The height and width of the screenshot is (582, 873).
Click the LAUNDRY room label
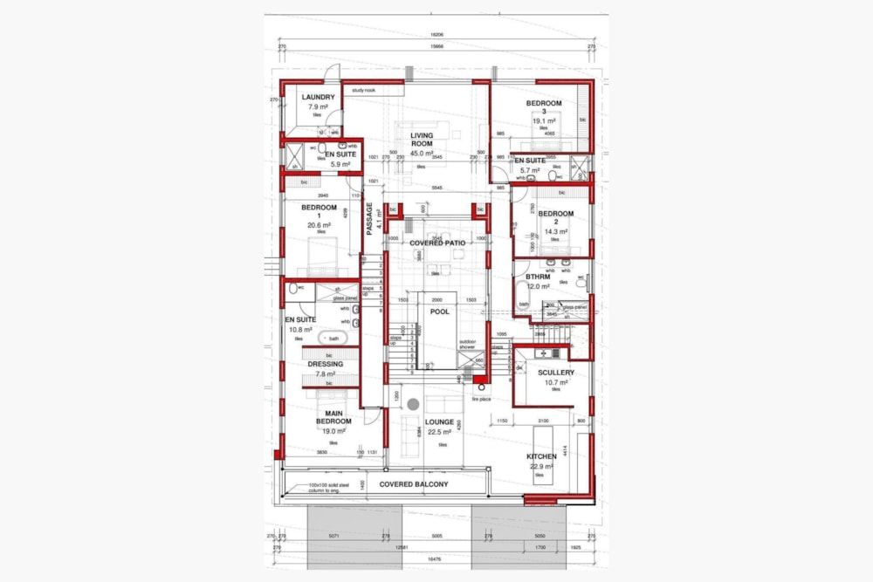coord(318,97)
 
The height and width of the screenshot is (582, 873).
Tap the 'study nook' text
coord(363,90)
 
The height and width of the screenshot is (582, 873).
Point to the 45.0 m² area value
coord(423,154)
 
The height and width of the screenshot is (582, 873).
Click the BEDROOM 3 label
coord(543,107)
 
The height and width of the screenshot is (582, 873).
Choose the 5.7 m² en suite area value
coord(529,170)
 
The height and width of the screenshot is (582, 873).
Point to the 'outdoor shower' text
coord(468,344)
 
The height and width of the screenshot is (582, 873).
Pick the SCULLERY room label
coord(555,373)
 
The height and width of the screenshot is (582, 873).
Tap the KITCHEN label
coord(541,456)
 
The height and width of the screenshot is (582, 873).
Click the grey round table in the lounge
coord(414,404)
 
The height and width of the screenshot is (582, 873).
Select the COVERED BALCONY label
coord(413,484)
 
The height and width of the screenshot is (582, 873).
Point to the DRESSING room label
coord(325,364)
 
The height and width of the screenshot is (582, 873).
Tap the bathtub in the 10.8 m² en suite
coord(333,338)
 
